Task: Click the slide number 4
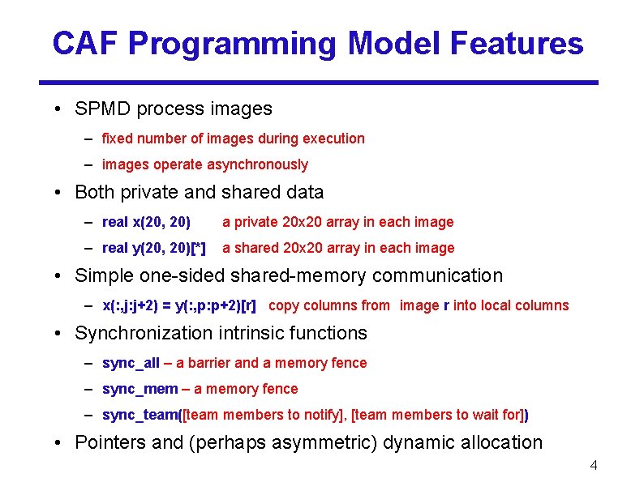pyautogui.click(x=594, y=465)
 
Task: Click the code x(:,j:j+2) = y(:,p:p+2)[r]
pyautogui.click(x=179, y=305)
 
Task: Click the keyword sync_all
pyautogui.click(x=131, y=363)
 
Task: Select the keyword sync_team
pyautogui.click(x=140, y=415)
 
